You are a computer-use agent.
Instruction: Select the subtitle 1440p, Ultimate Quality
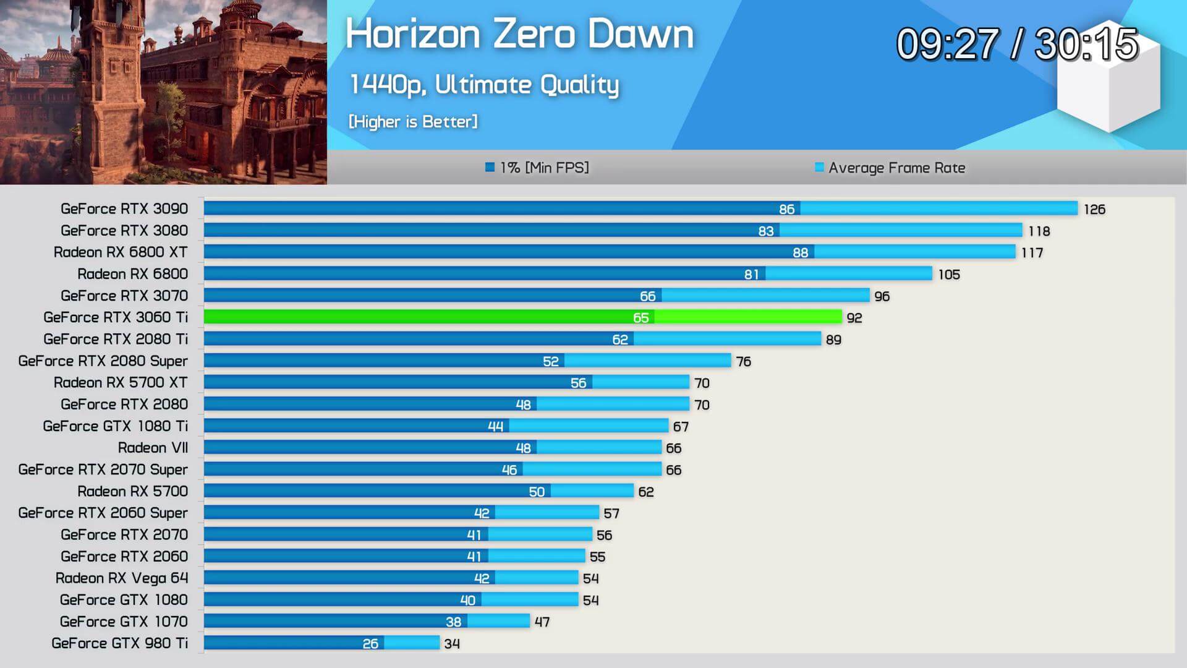(x=483, y=85)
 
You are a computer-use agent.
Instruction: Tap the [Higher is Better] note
(x=413, y=122)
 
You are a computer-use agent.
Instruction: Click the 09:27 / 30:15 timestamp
(x=1017, y=45)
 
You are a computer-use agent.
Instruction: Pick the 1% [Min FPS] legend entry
(x=537, y=168)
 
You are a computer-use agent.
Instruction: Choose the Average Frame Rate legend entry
(x=890, y=168)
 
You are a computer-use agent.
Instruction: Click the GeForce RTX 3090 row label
(x=124, y=209)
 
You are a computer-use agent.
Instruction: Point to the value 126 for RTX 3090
(x=1094, y=210)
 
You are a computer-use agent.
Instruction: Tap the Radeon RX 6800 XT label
(x=121, y=252)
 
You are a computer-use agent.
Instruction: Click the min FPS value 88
(x=800, y=252)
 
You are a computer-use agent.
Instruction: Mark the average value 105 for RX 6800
(x=949, y=275)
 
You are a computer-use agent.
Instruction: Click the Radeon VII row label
(x=153, y=448)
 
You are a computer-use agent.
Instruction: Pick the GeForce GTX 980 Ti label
(x=120, y=643)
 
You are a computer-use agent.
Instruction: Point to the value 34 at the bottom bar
(x=452, y=644)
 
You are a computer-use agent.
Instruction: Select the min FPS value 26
(x=370, y=644)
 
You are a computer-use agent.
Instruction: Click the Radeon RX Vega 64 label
(x=122, y=578)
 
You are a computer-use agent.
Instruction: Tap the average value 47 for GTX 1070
(x=542, y=622)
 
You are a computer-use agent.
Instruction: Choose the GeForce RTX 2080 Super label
(x=103, y=361)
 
